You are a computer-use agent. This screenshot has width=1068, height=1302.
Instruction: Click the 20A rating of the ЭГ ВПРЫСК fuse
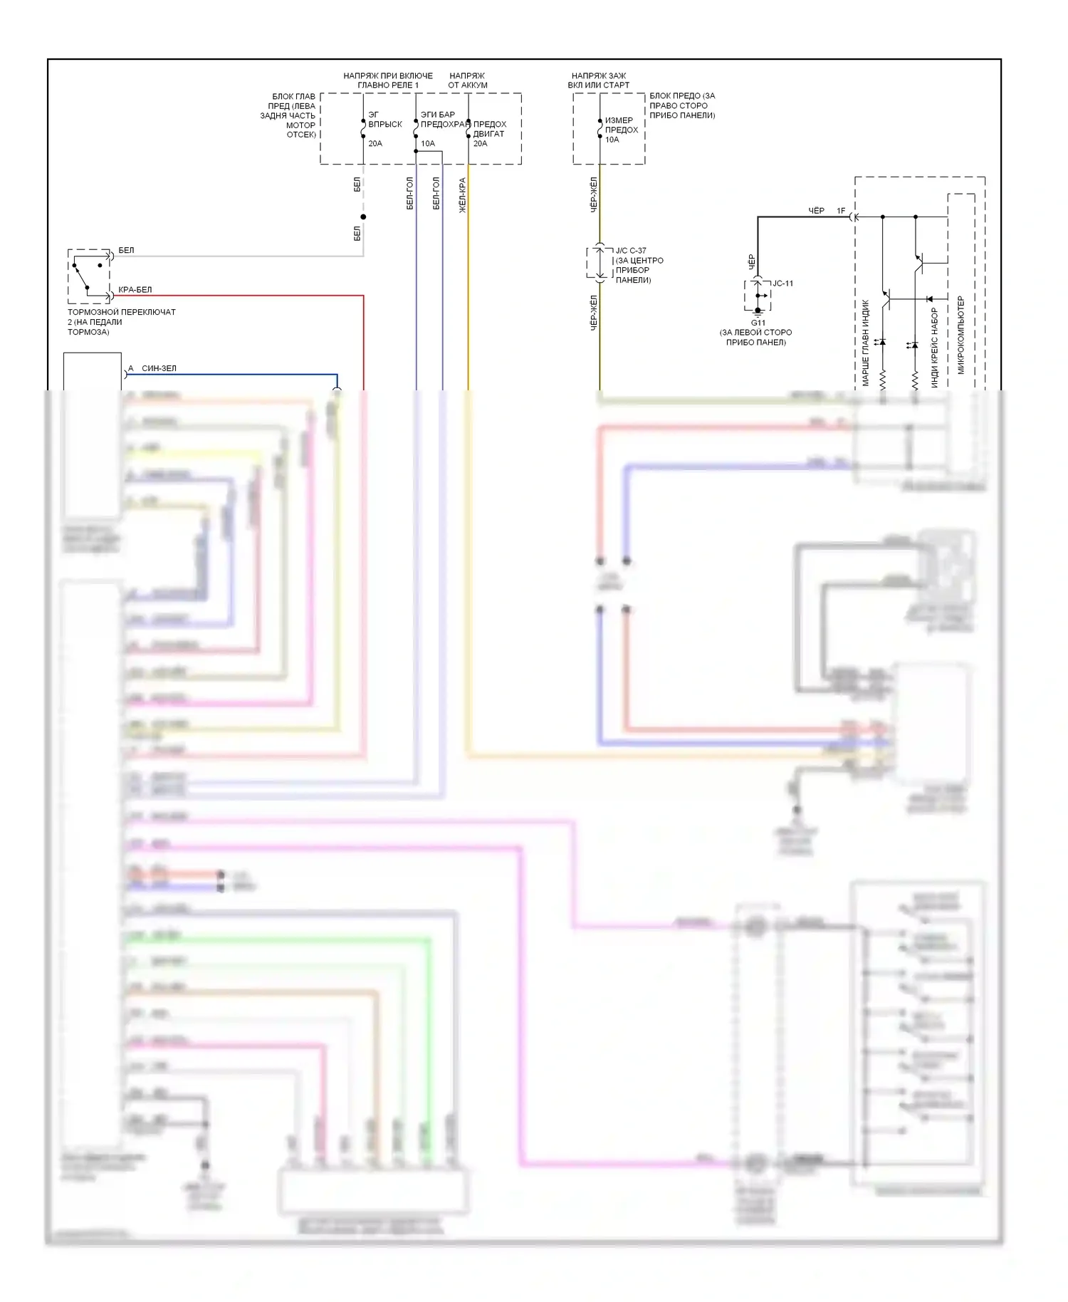pos(375,143)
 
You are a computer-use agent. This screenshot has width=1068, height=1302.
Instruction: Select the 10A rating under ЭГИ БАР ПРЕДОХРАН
pos(427,143)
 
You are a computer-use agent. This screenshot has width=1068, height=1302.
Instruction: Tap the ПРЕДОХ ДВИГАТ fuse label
pos(490,129)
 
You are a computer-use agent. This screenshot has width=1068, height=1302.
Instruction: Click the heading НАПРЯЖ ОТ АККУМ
pos(467,80)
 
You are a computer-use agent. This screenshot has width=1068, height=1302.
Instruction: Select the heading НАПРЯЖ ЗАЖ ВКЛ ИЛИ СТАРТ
pos(598,80)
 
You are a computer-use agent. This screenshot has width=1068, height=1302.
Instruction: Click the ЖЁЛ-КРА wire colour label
pos(462,195)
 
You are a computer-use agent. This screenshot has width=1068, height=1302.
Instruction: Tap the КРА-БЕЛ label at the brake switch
pos(135,290)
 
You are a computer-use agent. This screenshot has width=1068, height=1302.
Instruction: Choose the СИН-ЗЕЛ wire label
pos(159,368)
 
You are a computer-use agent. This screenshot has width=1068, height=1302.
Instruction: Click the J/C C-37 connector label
pos(631,251)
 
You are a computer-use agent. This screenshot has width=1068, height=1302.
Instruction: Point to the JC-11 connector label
pos(782,283)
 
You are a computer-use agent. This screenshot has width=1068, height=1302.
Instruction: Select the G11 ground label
pos(758,323)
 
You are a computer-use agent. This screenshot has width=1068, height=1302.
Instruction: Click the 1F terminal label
pos(841,211)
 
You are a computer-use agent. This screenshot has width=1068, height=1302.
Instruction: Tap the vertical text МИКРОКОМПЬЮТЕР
pos(960,335)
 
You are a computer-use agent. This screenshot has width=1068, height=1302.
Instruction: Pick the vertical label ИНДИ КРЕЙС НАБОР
pos(935,348)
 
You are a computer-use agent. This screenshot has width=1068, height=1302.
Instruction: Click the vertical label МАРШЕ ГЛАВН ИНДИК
pos(866,343)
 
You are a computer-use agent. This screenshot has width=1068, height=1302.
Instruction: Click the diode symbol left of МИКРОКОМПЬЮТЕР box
pos(929,299)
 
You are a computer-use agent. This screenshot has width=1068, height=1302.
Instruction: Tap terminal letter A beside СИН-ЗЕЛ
pos(130,368)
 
